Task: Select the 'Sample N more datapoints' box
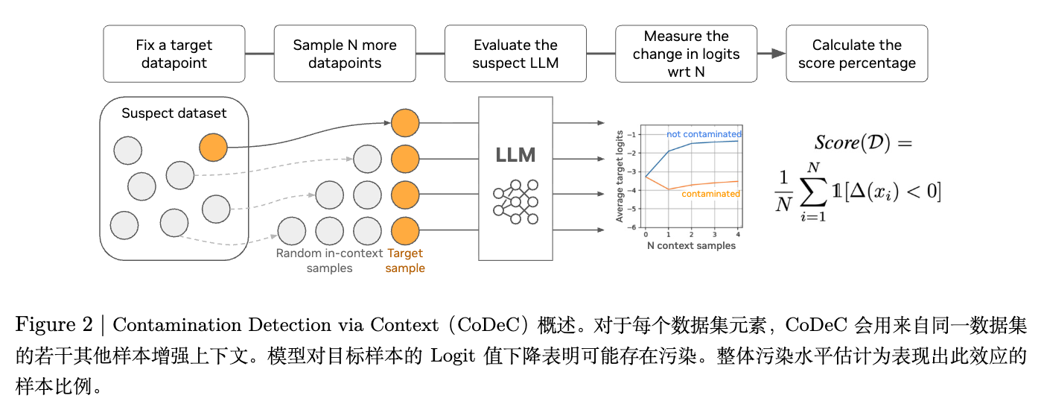[345, 54]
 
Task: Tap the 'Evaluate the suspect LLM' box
[515, 54]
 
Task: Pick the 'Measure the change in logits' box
[686, 54]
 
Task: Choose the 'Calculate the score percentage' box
[856, 54]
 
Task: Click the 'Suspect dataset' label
[173, 114]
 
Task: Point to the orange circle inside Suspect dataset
[214, 148]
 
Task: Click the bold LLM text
[515, 155]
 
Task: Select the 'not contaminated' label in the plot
[704, 134]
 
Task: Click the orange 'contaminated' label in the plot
[710, 194]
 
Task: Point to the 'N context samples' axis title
[691, 246]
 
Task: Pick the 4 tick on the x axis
[738, 235]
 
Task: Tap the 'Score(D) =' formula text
[863, 142]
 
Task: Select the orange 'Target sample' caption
[405, 261]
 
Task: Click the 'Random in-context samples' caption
[329, 261]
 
